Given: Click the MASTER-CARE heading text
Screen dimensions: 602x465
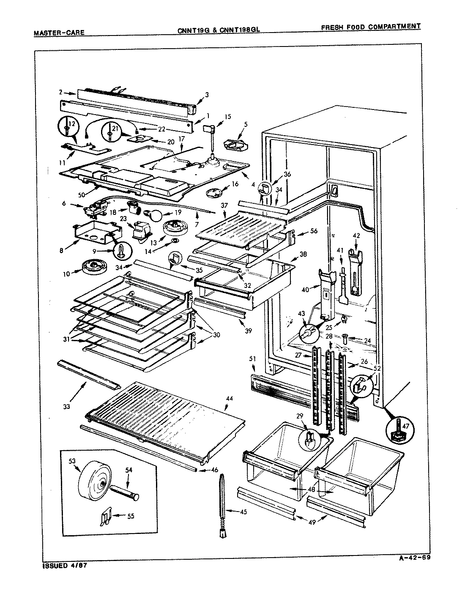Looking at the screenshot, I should point(59,32).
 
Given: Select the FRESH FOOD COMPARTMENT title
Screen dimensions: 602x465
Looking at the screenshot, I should point(371,27).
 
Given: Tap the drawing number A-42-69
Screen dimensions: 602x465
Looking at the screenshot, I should point(415,557).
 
